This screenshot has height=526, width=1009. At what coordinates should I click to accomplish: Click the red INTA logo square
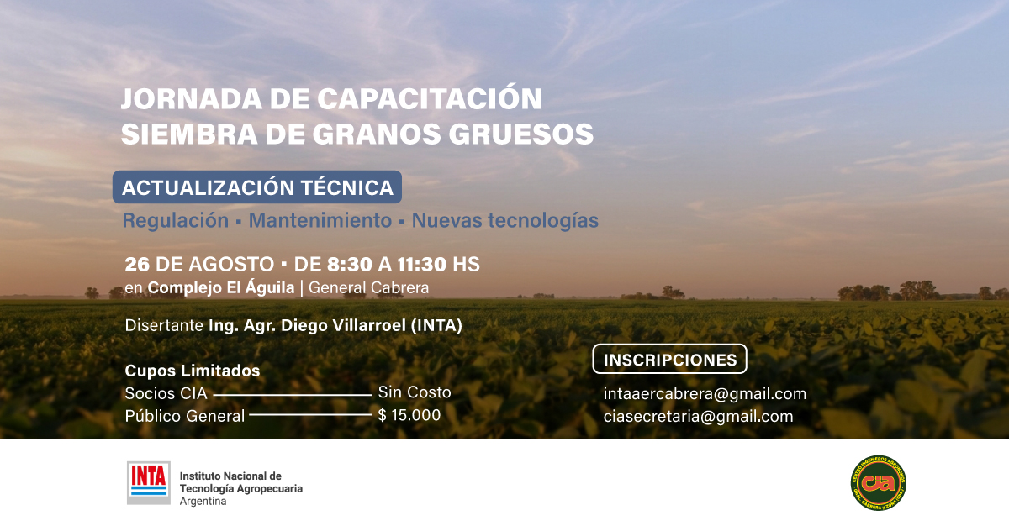point(149,483)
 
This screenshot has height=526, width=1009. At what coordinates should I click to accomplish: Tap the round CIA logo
point(879,483)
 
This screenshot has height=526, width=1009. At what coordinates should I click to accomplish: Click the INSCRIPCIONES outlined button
point(670,359)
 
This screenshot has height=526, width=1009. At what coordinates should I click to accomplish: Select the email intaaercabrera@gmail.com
point(705,394)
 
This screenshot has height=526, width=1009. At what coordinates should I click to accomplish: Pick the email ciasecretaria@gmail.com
point(698,416)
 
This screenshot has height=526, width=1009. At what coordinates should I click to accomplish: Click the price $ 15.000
point(409,415)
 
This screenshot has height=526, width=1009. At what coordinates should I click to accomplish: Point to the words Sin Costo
point(415,392)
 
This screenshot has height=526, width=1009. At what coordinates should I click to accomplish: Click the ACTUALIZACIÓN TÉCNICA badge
point(257,187)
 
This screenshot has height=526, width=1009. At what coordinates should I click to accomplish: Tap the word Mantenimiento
point(320,220)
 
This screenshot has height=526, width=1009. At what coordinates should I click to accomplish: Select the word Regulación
point(176,221)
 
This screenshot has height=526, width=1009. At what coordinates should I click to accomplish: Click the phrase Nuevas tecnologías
point(505,221)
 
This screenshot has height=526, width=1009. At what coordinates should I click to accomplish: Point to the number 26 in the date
point(137,265)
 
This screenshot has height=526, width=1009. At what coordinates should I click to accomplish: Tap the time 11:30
point(421,265)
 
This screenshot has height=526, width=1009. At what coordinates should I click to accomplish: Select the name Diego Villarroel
point(343,325)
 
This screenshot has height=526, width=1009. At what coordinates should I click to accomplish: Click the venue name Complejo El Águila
point(221,287)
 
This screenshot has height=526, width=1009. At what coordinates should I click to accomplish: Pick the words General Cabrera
point(368,287)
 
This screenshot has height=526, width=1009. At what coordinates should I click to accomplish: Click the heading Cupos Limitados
point(193,371)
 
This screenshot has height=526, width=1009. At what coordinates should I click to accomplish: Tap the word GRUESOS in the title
point(521,134)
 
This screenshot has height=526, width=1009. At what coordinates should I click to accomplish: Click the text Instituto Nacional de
point(230,476)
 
